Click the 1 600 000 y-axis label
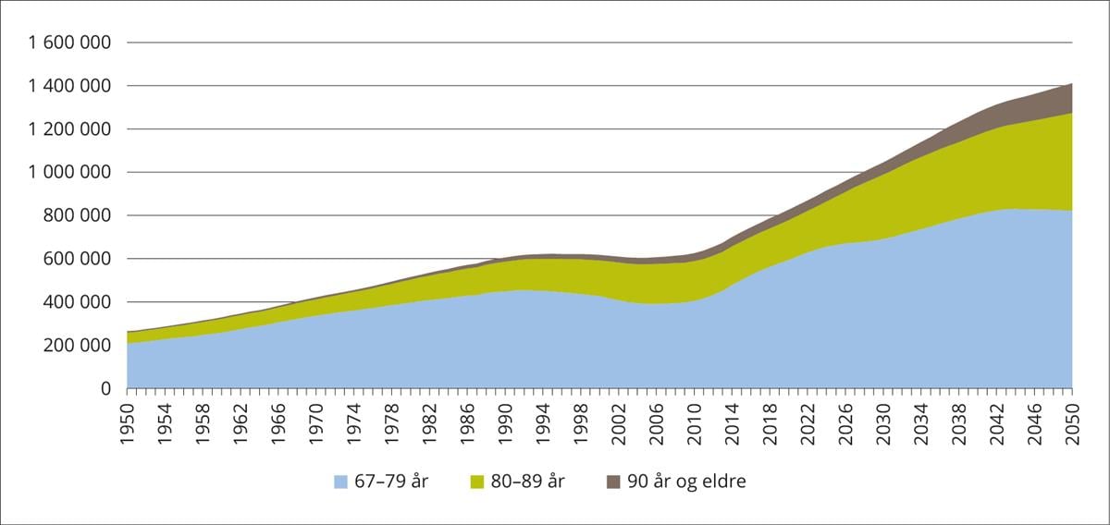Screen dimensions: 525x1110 point(69,43)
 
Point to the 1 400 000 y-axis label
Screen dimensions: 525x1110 point(69,86)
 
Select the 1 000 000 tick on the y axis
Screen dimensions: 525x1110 point(69,173)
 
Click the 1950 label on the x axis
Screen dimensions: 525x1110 point(128,419)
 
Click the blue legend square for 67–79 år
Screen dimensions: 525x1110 point(341,481)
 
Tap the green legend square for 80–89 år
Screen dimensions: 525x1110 point(478,481)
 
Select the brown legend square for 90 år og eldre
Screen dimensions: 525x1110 point(614,481)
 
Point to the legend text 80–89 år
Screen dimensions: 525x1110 point(529,481)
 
